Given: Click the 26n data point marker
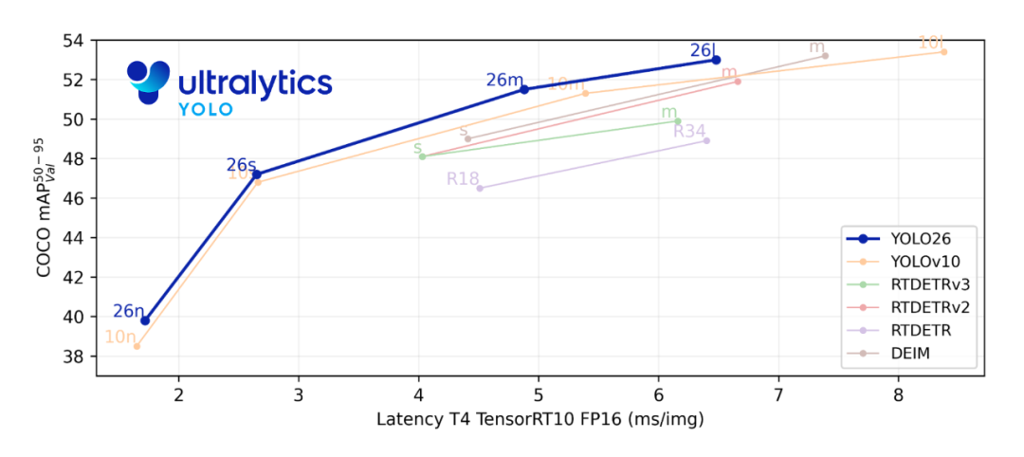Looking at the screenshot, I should click(145, 320).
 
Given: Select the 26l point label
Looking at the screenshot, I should click(703, 50).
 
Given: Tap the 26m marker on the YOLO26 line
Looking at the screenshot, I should click(524, 89).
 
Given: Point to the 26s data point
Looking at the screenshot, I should click(257, 174).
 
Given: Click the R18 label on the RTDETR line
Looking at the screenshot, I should click(463, 178).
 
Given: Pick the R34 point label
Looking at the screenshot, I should click(689, 131).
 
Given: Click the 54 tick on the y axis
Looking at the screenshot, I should click(74, 41).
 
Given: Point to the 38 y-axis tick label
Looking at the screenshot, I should click(74, 356).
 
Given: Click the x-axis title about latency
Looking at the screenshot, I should click(539, 418).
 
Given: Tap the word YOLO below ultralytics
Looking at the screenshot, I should click(206, 109).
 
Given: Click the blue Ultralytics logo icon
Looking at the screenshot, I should click(148, 82).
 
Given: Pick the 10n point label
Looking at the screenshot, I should click(119, 337).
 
